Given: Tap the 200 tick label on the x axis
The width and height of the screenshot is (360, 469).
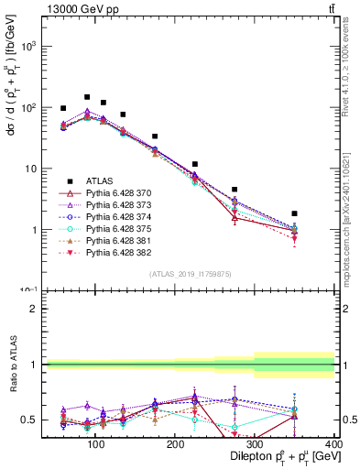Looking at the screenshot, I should (174, 444).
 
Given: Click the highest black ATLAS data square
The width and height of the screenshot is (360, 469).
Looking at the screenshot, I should (87, 96).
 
